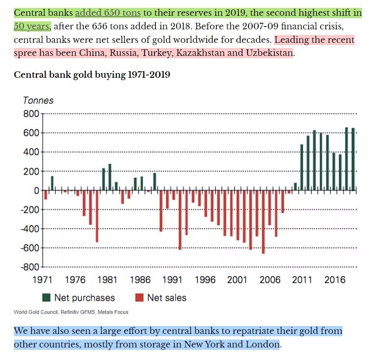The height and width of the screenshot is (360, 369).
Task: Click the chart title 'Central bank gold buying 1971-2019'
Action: click(x=92, y=75)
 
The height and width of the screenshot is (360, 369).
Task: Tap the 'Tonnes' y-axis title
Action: click(x=38, y=100)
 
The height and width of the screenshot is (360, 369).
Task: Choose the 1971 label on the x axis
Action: click(x=43, y=280)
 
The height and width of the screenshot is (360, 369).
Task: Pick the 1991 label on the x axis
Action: click(x=172, y=280)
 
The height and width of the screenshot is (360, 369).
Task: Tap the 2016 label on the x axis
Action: click(x=335, y=280)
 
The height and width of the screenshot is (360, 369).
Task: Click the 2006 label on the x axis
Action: click(x=270, y=280)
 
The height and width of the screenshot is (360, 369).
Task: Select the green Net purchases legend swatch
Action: click(x=46, y=298)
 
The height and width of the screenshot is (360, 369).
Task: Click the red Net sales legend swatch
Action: click(x=139, y=298)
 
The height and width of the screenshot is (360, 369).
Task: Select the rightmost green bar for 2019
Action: click(x=353, y=159)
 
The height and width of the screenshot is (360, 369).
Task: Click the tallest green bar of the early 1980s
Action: click(x=110, y=177)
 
